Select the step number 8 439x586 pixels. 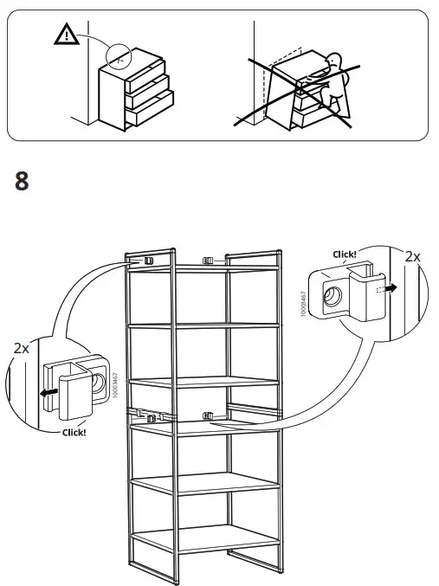(23, 182)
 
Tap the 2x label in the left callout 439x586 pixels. (22, 348)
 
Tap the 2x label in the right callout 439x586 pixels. (412, 256)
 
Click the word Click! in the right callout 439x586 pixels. (345, 254)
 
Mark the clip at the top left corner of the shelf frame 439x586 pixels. (148, 259)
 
